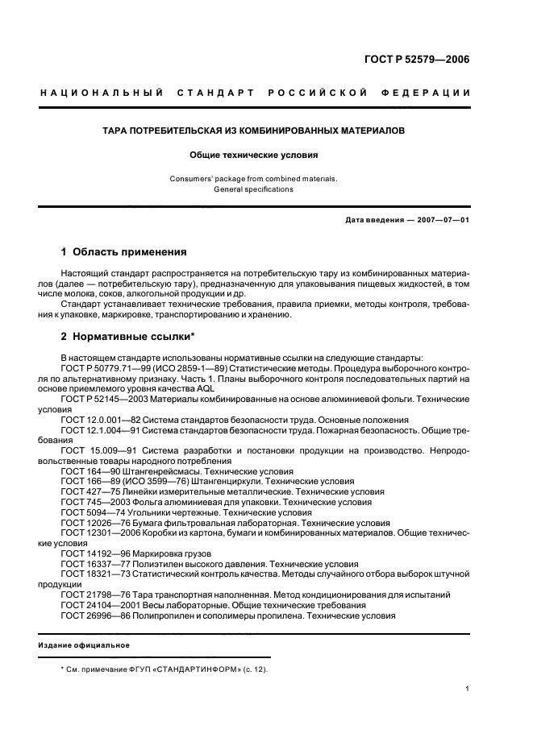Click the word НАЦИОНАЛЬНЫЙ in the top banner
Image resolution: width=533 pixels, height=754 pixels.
point(102,93)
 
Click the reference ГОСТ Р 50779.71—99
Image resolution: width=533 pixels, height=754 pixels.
point(105,368)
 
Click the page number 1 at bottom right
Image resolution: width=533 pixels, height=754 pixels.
point(468,689)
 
